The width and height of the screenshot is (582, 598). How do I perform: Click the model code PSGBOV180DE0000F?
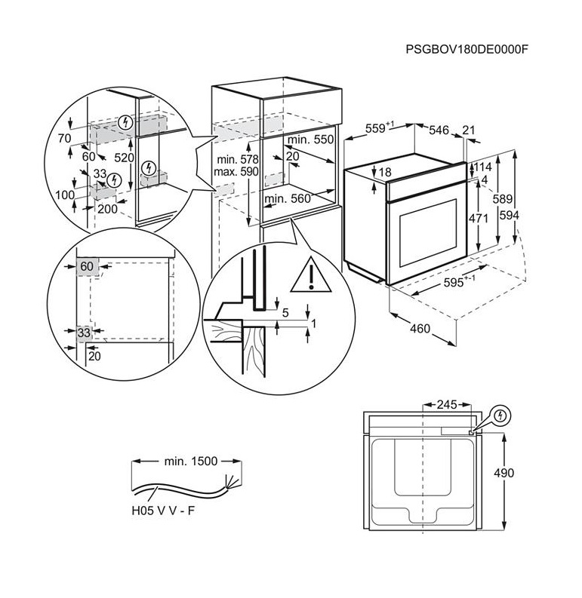pos(467,50)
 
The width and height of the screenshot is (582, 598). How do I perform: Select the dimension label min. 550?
pos(309,140)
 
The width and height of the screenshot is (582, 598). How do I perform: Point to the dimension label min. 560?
pos(288,199)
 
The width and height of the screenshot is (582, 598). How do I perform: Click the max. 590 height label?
pos(237,172)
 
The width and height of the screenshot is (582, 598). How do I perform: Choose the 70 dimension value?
pos(63,139)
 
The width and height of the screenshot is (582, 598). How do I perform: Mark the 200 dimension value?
pos(107,209)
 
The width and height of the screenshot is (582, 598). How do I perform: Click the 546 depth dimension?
pos(439,130)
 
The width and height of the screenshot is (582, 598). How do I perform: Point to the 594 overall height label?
pos(510,215)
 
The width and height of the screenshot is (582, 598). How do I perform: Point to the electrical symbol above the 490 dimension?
pos(499,416)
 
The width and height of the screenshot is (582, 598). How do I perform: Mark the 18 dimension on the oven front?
pos(384,173)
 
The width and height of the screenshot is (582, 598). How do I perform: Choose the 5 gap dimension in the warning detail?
pos(285,311)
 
